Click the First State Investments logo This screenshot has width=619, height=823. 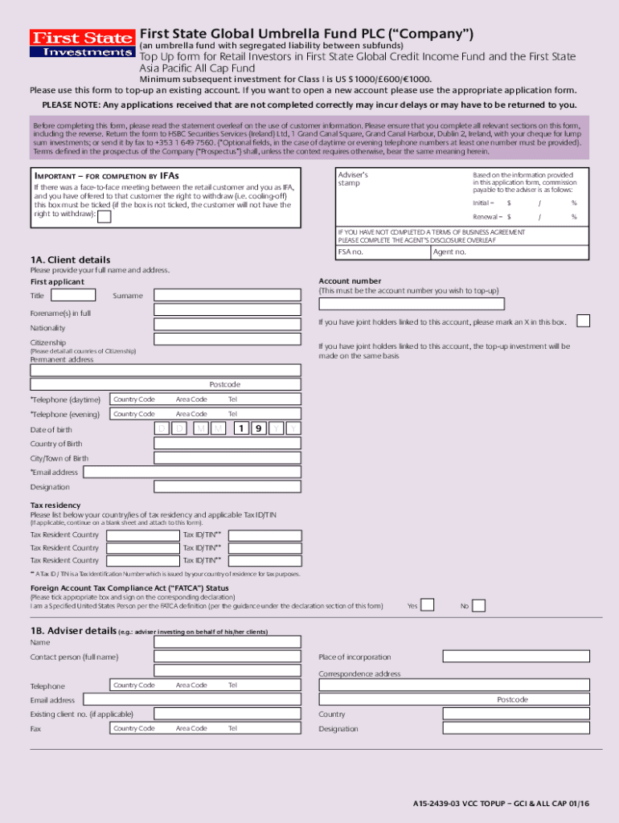(81, 43)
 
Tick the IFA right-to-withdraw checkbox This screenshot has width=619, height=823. (104, 215)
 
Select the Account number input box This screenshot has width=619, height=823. (412, 304)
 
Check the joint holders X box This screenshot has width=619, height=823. (584, 321)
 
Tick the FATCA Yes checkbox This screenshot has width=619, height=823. (428, 605)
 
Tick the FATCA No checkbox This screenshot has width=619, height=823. (478, 605)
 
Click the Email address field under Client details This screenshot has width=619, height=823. (192, 472)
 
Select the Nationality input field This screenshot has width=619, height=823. (228, 328)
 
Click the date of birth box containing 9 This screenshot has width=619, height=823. (257, 428)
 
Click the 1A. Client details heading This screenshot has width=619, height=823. (71, 260)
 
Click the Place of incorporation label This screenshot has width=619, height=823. (355, 657)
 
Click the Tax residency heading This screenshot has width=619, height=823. (54, 506)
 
